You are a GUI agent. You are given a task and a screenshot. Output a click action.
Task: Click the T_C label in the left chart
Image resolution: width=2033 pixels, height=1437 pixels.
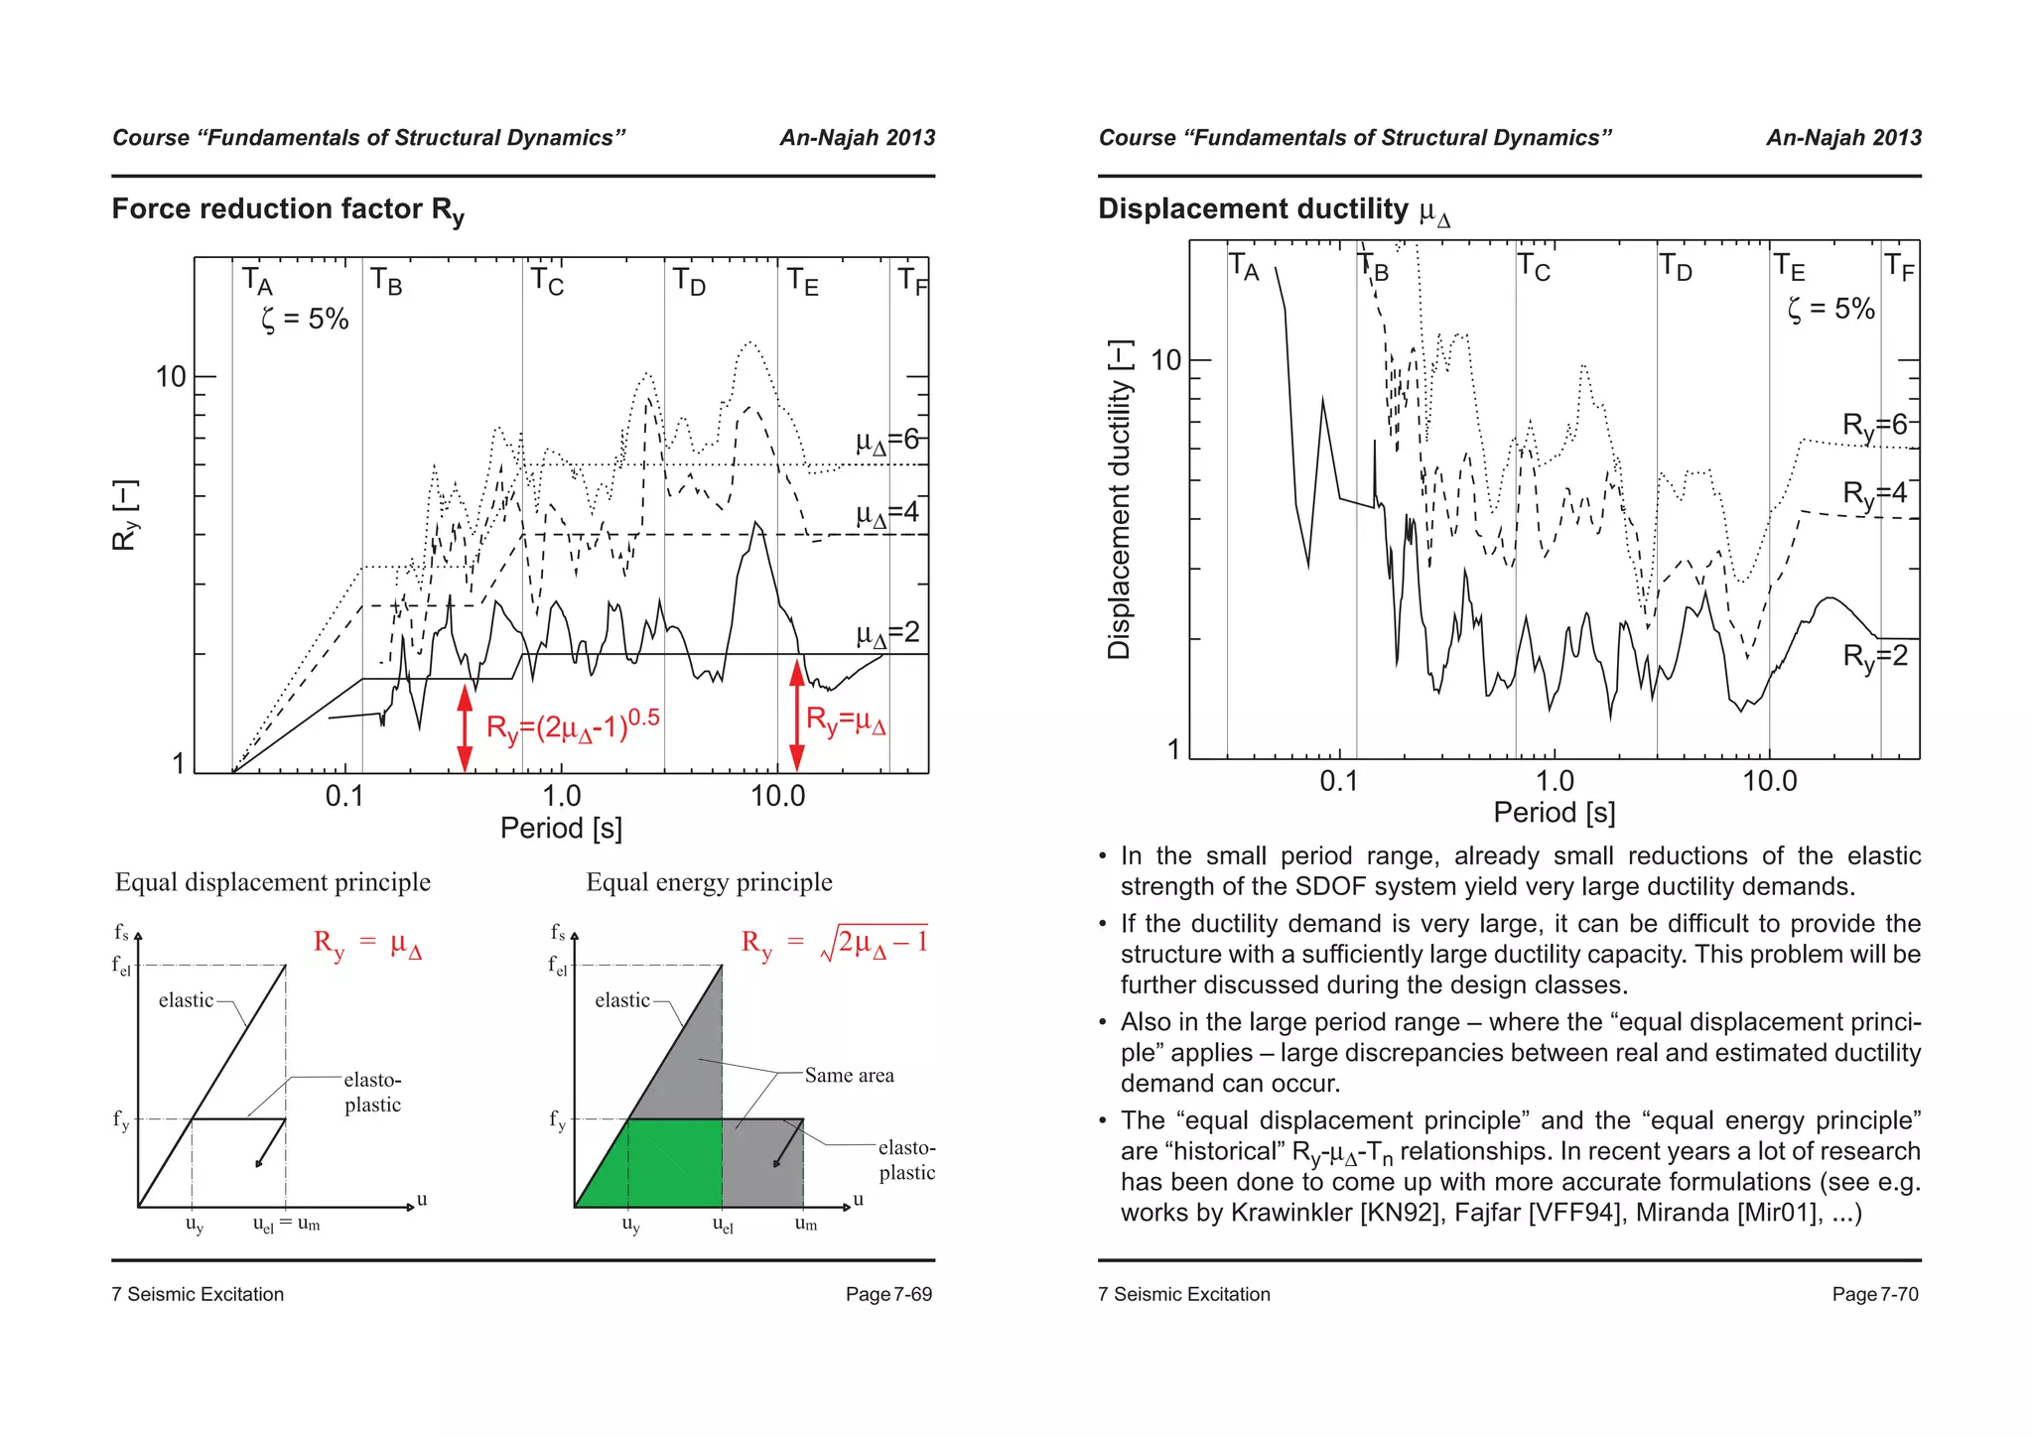pyautogui.click(x=547, y=282)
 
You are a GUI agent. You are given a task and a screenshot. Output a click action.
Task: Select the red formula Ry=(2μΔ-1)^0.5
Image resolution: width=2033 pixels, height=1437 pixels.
pyautogui.click(x=573, y=726)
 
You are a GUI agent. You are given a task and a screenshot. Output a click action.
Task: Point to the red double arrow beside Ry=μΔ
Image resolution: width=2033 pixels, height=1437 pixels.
pyautogui.click(x=796, y=716)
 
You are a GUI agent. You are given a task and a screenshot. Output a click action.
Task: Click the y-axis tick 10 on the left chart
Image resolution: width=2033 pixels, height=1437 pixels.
pyautogui.click(x=171, y=377)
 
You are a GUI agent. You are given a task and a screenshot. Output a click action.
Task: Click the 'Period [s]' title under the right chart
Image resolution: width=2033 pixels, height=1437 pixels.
pyautogui.click(x=1555, y=813)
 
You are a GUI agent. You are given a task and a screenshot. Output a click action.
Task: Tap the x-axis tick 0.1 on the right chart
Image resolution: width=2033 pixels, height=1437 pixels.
pyautogui.click(x=1338, y=781)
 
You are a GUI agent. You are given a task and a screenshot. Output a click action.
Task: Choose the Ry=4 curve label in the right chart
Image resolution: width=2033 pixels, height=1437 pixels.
pyautogui.click(x=1874, y=494)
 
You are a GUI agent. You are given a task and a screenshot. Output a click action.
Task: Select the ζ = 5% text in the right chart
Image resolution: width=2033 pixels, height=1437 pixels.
pyautogui.click(x=1830, y=310)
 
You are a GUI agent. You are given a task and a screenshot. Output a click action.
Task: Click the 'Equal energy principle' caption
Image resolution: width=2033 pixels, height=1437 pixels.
pyautogui.click(x=709, y=882)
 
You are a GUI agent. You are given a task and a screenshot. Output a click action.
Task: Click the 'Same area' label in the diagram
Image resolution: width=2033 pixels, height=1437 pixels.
pyautogui.click(x=849, y=1076)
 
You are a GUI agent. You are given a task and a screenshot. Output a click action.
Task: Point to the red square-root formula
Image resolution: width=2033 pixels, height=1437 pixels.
pyautogui.click(x=834, y=943)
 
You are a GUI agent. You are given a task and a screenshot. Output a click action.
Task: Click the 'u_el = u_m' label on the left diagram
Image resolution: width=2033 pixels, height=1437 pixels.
pyautogui.click(x=286, y=1225)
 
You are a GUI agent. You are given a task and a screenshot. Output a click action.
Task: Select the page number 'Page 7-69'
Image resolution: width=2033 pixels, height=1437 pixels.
pyautogui.click(x=888, y=1294)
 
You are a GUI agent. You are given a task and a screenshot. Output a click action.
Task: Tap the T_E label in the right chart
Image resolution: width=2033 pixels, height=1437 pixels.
pyautogui.click(x=1790, y=268)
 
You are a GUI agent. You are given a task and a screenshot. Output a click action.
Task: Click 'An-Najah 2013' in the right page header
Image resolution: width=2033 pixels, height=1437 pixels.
pyautogui.click(x=1843, y=138)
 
